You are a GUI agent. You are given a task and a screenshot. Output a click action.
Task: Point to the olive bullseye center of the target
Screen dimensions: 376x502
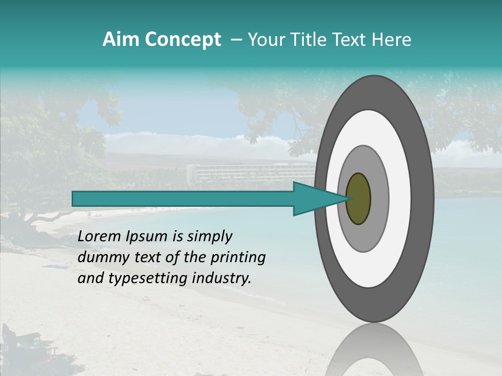(x=358, y=198)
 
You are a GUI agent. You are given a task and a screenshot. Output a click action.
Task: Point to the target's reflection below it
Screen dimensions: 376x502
(x=373, y=350)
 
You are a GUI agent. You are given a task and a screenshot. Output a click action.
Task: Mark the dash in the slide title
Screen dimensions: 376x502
(x=236, y=40)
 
